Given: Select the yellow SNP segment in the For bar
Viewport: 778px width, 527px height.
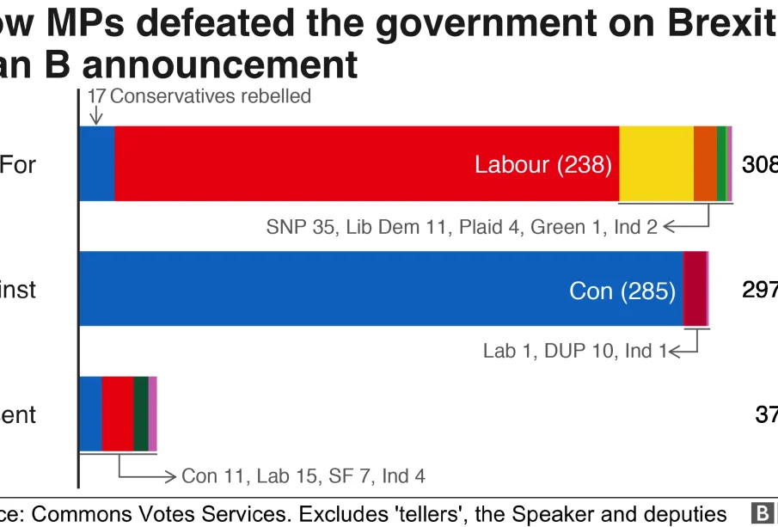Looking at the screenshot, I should [x=656, y=163].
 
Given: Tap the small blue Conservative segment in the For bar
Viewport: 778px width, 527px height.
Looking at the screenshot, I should [x=96, y=163].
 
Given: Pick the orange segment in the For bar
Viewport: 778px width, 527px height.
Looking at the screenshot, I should [x=705, y=163].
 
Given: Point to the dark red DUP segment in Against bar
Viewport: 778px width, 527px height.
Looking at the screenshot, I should [x=695, y=289].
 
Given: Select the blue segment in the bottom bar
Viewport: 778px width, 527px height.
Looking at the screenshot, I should [x=90, y=414].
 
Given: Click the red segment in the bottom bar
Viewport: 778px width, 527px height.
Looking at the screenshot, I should [x=118, y=414].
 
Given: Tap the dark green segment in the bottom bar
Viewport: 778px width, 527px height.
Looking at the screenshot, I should [x=141, y=414].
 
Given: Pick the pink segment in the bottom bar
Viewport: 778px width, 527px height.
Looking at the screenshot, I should [x=153, y=414].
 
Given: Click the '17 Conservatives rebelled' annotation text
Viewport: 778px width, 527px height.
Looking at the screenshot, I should [x=199, y=96].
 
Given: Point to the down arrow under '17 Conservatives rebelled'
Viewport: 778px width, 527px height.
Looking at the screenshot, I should [x=96, y=114].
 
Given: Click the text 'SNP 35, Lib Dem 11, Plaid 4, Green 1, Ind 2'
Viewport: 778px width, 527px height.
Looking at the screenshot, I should [x=462, y=227].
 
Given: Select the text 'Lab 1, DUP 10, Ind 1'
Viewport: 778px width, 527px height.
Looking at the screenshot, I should [x=574, y=351].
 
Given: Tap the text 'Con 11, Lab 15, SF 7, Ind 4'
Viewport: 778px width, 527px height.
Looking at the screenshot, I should [x=303, y=475].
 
